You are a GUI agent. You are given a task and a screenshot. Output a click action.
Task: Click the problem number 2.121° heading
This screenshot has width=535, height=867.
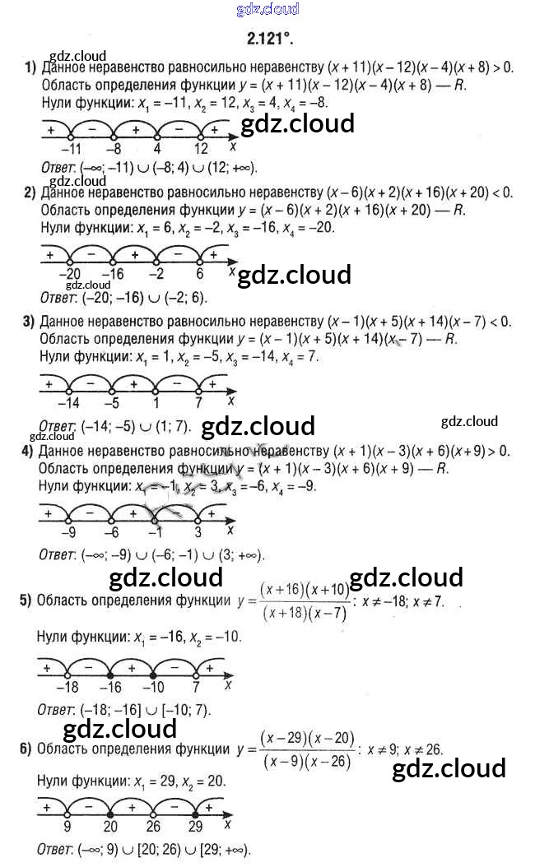[269, 38]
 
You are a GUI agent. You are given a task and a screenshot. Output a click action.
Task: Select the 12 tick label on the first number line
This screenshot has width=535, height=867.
[202, 149]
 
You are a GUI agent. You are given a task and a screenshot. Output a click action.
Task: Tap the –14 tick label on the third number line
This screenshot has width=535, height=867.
[70, 403]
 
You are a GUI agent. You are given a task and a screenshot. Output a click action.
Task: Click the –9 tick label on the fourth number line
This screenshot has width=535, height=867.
[70, 531]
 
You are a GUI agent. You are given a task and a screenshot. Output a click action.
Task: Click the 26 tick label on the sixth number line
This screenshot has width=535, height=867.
[154, 827]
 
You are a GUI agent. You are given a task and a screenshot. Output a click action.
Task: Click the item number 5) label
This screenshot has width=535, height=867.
[26, 600]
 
